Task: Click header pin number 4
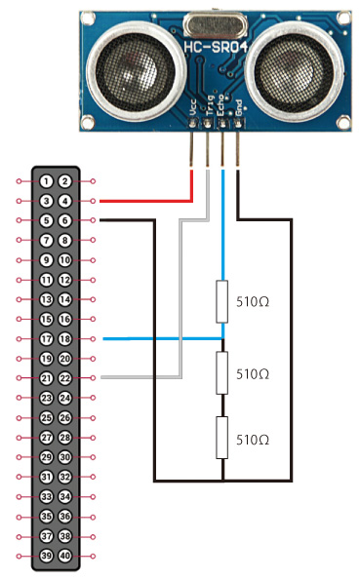64,201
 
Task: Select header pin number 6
64,221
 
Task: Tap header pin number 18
64,339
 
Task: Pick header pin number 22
64,378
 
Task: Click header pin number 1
46,181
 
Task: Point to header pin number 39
46,556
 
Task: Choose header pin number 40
64,556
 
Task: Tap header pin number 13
46,299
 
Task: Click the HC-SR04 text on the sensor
216,48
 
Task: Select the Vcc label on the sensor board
192,107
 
